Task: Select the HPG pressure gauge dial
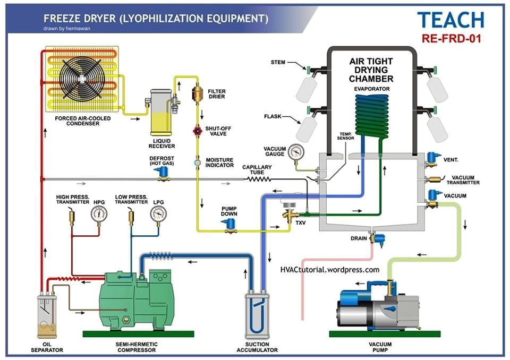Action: (99, 213)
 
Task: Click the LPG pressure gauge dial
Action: (158, 213)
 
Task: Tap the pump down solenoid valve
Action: (229, 225)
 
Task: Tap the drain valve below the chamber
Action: (378, 238)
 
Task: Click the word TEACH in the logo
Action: (450, 20)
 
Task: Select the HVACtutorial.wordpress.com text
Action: (330, 270)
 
